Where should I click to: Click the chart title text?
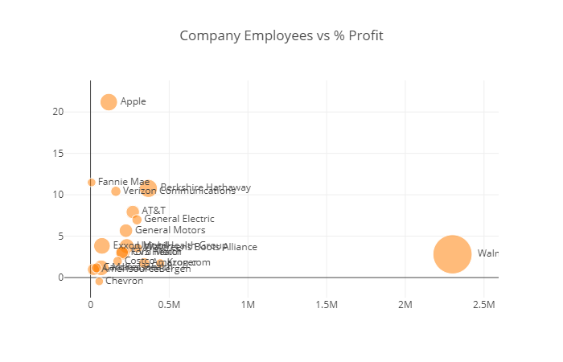[x=281, y=35]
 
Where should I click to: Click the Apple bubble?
[x=109, y=101]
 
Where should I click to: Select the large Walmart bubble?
[x=453, y=254]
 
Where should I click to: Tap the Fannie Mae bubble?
[x=92, y=183]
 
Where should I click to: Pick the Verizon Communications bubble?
[x=116, y=191]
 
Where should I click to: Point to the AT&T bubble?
[x=133, y=212]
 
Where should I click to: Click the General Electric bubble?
[x=137, y=220]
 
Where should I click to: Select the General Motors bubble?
[x=125, y=231]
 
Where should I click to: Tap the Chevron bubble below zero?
[x=99, y=282]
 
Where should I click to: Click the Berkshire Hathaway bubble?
[x=149, y=188]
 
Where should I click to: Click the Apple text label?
[x=133, y=101]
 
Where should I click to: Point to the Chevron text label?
[x=124, y=282]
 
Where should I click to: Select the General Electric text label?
[x=179, y=219]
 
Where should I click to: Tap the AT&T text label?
[x=154, y=211]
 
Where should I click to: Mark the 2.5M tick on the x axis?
[x=483, y=305]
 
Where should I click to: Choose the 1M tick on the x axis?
[x=248, y=305]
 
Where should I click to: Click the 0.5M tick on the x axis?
[x=169, y=305]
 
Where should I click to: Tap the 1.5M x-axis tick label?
[x=327, y=305]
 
